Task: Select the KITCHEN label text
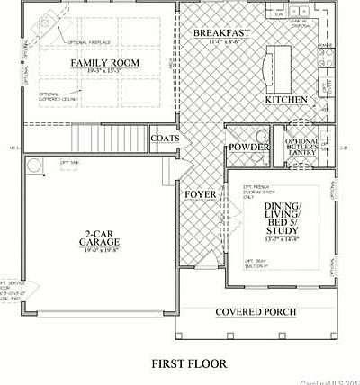(286, 100)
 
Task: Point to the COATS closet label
(165, 139)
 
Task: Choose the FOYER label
(200, 194)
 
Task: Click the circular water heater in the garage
(34, 166)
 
